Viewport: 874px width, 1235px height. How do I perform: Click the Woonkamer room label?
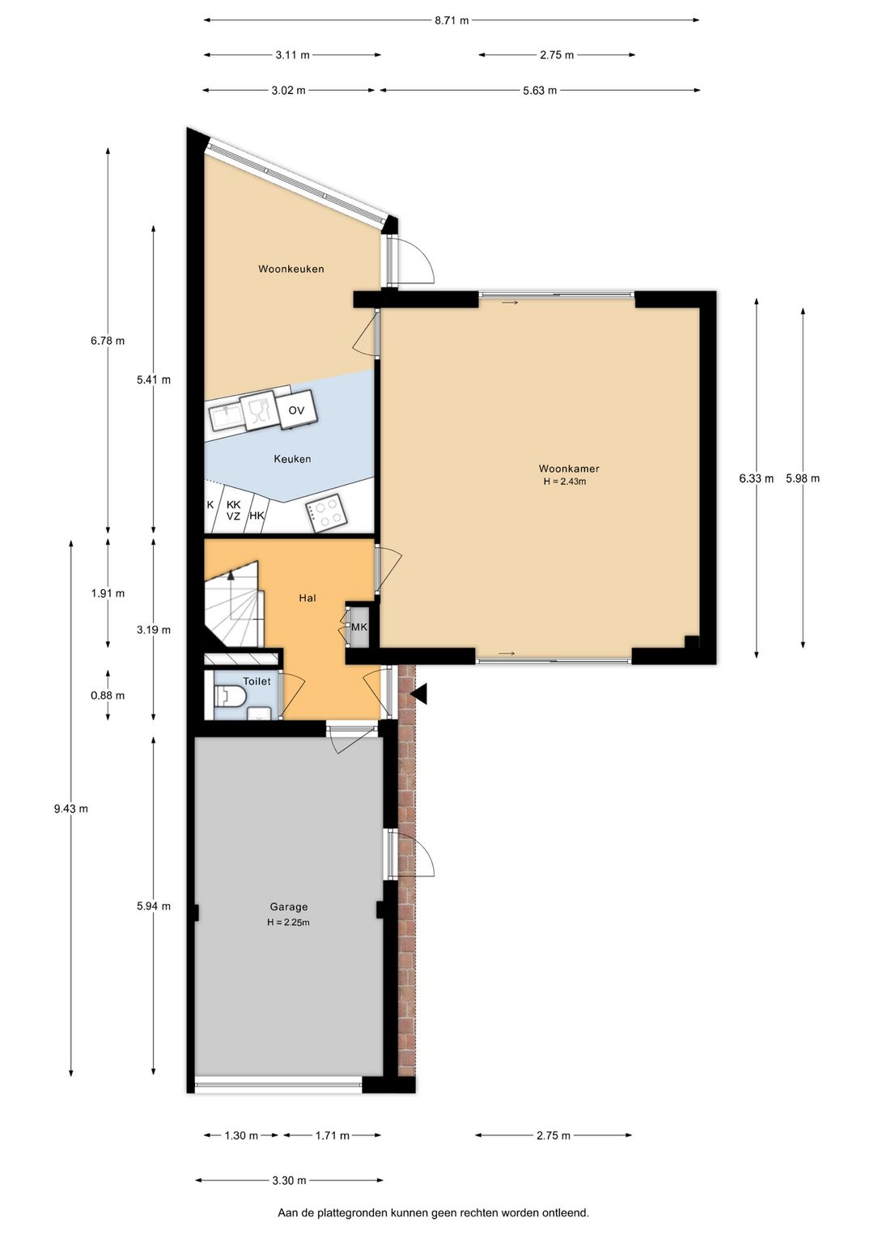click(569, 469)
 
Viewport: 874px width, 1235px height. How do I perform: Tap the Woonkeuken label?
click(291, 269)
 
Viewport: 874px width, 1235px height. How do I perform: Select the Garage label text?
click(288, 906)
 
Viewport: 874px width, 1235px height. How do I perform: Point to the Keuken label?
click(292, 459)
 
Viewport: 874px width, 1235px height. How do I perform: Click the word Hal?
click(308, 597)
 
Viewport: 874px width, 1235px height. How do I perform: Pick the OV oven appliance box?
click(296, 410)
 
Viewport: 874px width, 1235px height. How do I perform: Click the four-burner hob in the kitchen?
click(326, 514)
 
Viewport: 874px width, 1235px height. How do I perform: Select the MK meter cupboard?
click(359, 627)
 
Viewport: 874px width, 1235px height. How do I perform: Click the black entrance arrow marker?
click(420, 694)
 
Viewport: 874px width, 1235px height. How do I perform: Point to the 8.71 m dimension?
click(452, 20)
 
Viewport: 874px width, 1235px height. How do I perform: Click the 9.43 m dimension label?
click(70, 808)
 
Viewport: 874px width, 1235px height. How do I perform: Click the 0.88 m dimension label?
click(108, 695)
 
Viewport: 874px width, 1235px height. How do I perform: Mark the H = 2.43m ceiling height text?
click(565, 482)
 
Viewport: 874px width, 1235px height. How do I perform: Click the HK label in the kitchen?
click(257, 516)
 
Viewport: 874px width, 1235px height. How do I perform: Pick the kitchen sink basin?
click(226, 416)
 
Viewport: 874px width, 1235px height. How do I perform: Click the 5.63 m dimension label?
click(540, 91)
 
